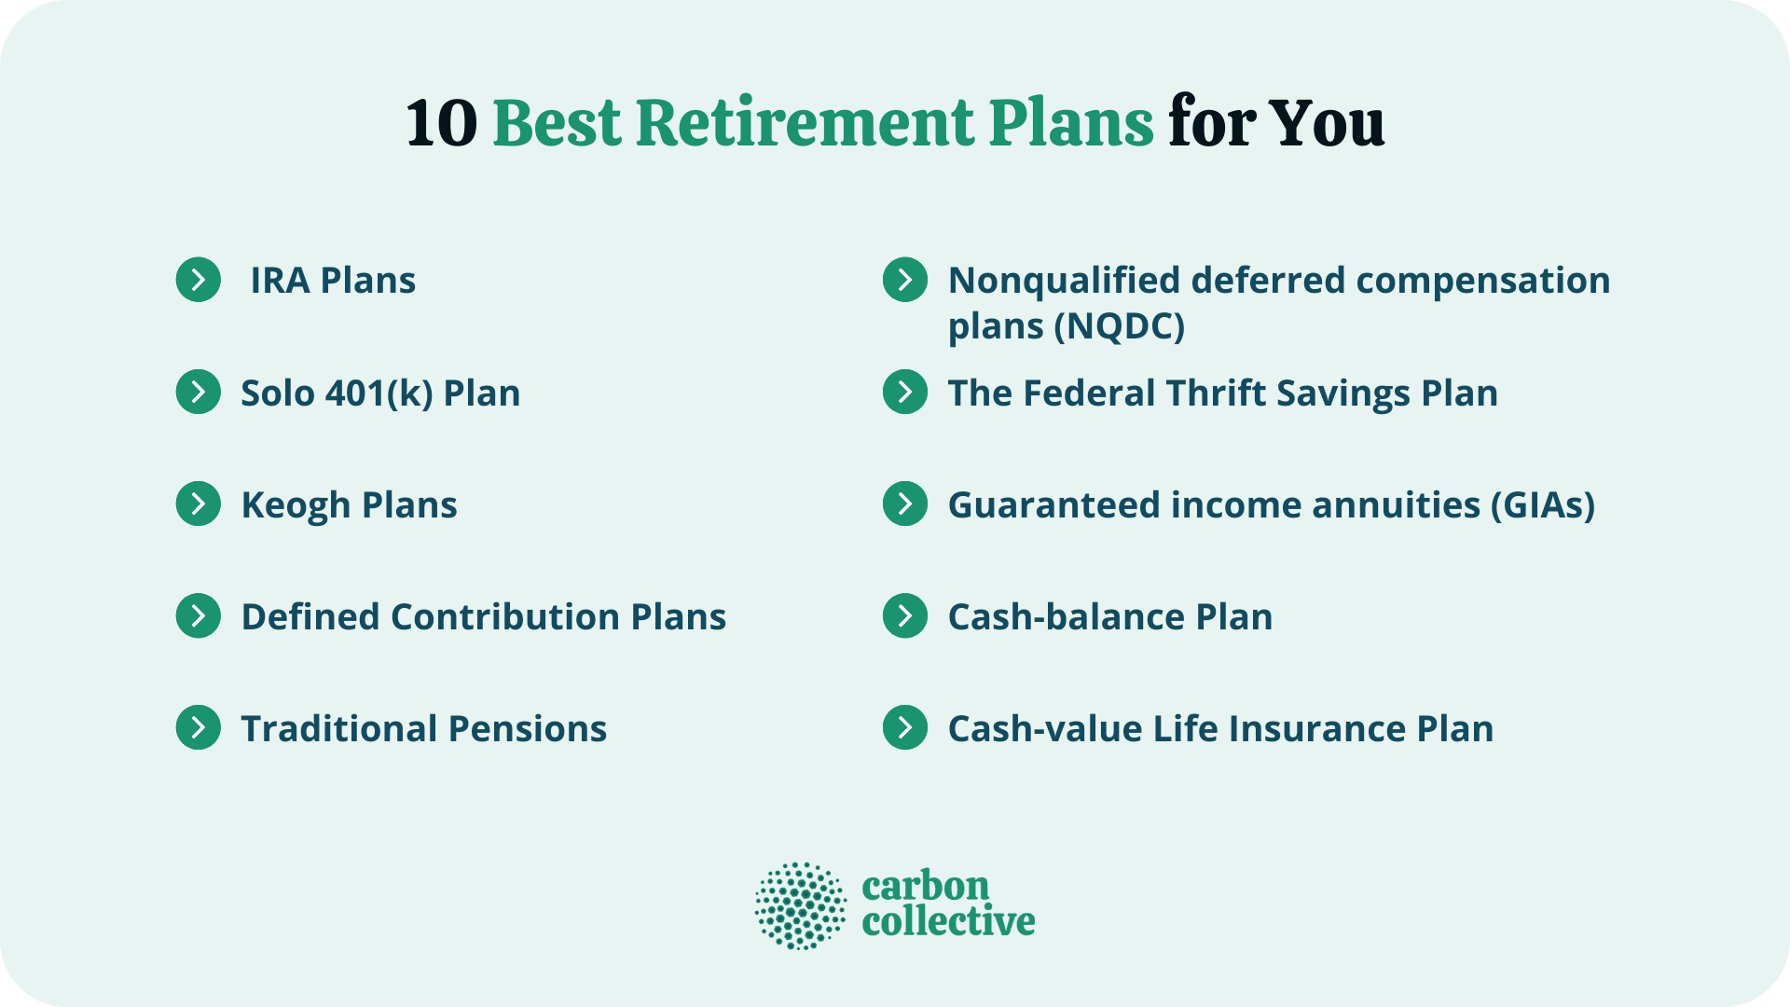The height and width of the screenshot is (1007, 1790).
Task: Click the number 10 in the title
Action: [x=442, y=123]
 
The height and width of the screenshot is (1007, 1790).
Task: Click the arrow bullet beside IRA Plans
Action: [x=199, y=280]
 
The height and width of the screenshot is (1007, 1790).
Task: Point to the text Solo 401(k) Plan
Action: [x=380, y=393]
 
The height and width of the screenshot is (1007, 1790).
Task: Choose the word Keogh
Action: [x=296, y=505]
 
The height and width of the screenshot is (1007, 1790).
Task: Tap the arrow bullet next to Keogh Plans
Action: [x=199, y=504]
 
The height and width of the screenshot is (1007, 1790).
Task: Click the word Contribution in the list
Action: [x=504, y=617]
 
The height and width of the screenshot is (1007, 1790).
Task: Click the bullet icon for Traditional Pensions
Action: [x=199, y=728]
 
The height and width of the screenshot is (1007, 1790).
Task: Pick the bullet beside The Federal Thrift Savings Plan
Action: [x=905, y=393]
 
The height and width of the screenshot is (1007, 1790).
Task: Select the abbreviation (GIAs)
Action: [x=1542, y=505]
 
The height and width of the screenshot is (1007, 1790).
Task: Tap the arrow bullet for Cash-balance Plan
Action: [x=905, y=616]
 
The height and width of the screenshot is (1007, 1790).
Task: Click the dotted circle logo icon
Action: [x=801, y=905]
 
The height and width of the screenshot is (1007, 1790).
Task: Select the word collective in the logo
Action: [x=948, y=922]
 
